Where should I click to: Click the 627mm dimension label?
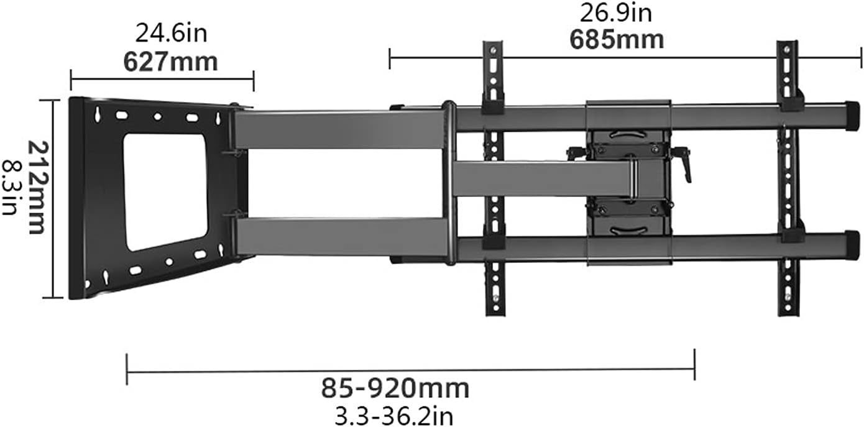(170, 63)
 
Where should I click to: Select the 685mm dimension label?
(617, 39)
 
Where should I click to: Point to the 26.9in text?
(616, 12)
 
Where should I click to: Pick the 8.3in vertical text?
(11, 187)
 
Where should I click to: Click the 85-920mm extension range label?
(395, 388)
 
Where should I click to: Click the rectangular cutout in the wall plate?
(165, 191)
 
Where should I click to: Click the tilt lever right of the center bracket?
(684, 164)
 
